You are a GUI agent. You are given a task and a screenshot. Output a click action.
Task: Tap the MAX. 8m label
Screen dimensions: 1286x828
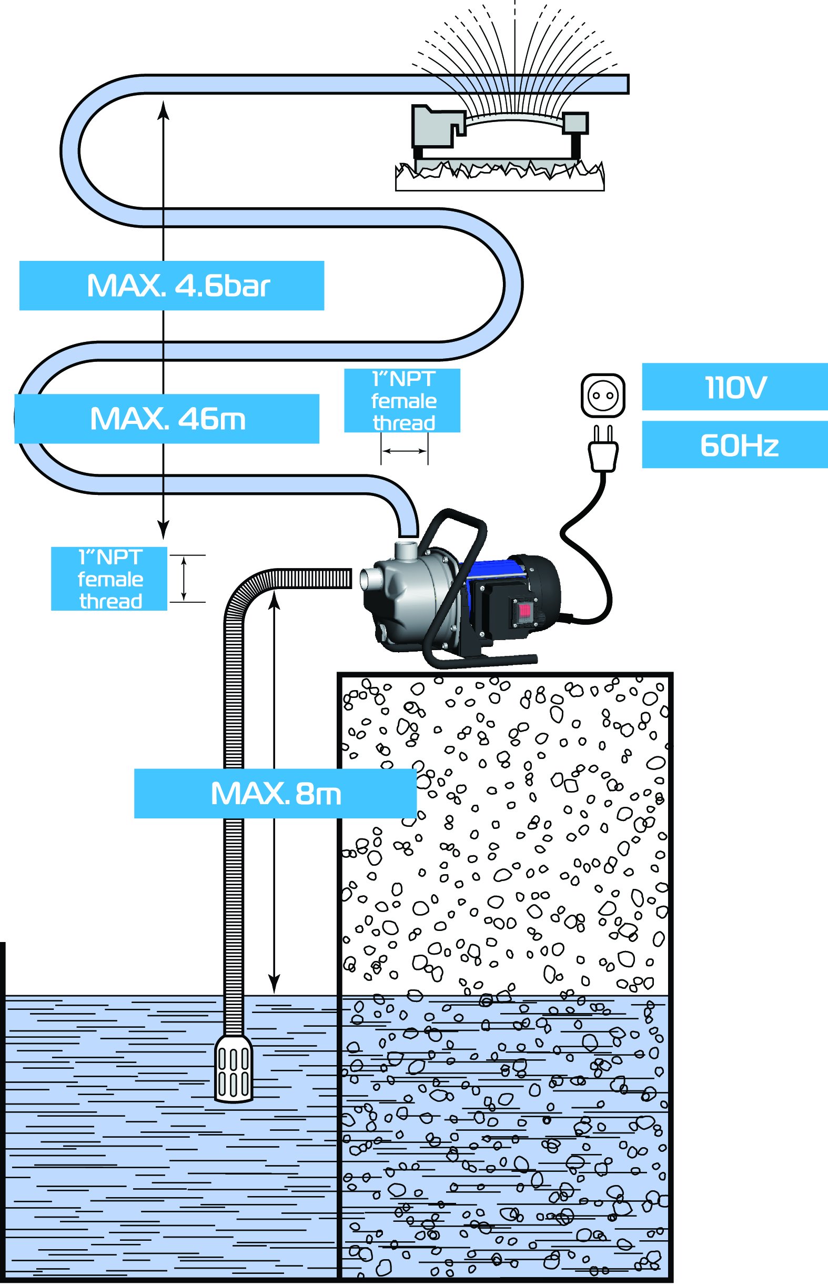(x=275, y=794)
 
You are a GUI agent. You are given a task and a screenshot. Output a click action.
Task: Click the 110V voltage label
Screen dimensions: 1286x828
(x=734, y=387)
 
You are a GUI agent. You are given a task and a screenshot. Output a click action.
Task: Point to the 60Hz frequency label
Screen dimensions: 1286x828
(x=734, y=445)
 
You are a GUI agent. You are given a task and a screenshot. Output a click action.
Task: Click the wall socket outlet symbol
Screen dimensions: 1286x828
(x=603, y=395)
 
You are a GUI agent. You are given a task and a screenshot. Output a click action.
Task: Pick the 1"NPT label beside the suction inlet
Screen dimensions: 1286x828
(x=109, y=579)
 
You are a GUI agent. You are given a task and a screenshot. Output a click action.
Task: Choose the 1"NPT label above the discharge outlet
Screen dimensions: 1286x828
(x=402, y=401)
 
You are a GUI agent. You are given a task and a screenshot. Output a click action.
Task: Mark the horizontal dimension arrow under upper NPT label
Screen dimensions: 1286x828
(x=405, y=451)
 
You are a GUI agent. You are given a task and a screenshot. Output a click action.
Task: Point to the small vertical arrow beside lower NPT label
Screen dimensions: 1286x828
(x=184, y=579)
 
